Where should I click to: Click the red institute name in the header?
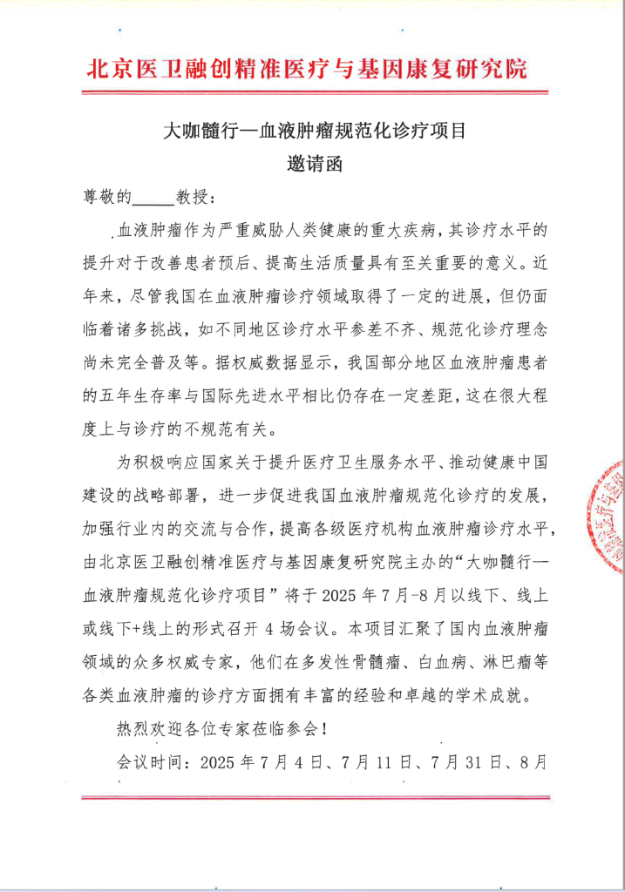pyautogui.click(x=307, y=69)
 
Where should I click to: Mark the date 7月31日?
pyautogui.click(x=462, y=760)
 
